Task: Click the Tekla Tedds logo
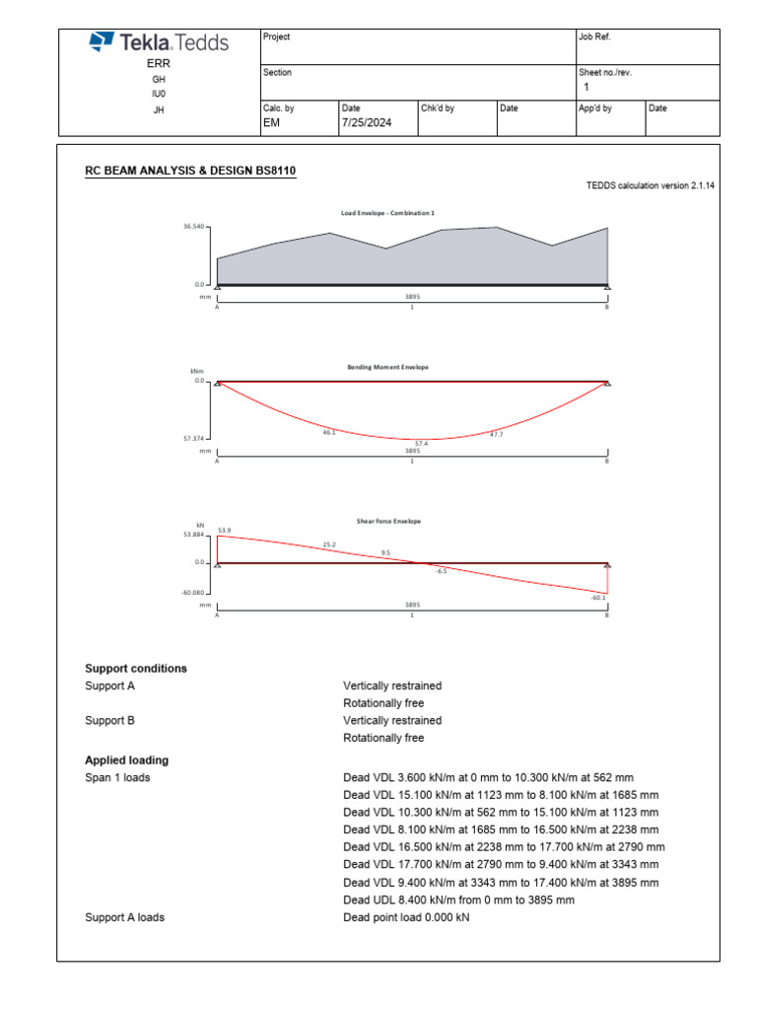coord(159,42)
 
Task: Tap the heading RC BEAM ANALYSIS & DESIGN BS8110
coord(190,172)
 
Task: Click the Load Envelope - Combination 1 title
coord(387,212)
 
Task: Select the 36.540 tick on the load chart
coord(195,227)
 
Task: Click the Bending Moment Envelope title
coord(387,367)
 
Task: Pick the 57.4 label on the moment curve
coord(422,444)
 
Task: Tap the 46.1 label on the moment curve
coord(329,432)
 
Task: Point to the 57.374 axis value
coord(195,438)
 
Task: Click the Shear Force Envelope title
coord(388,521)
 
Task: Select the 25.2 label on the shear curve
coord(329,544)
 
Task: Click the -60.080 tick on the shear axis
coord(193,593)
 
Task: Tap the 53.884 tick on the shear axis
coord(193,536)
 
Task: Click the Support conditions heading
coord(136,669)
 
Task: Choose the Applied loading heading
coord(127,760)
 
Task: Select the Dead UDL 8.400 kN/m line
coord(458,900)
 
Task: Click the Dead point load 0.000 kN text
coord(406,917)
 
